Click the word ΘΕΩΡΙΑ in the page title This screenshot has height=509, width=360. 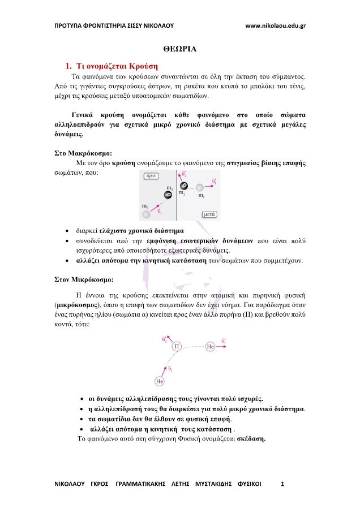click(x=180, y=49)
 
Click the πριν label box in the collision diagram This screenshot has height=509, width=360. click(x=151, y=176)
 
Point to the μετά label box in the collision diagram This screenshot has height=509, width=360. click(x=210, y=214)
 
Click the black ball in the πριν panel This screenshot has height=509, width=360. click(x=168, y=195)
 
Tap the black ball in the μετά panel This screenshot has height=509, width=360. click(x=183, y=186)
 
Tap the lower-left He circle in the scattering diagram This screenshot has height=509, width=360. click(x=160, y=381)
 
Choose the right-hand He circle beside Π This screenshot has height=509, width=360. click(x=210, y=345)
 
